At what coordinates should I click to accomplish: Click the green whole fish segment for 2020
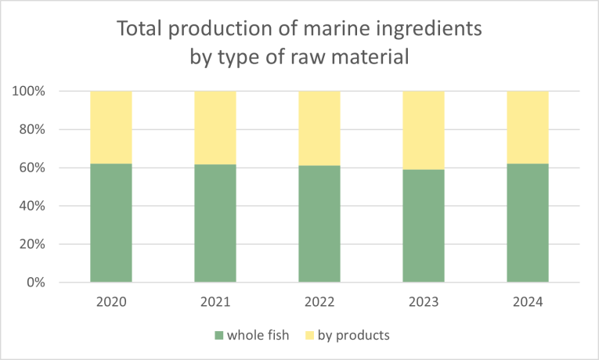click(x=111, y=223)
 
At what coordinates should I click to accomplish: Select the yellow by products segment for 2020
click(x=111, y=128)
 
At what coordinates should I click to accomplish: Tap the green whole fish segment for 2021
click(x=215, y=224)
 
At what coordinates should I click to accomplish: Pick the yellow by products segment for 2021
click(x=215, y=128)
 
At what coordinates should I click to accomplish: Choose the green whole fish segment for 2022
click(x=319, y=225)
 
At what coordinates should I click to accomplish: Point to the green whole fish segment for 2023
click(x=424, y=226)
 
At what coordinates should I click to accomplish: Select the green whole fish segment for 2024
click(x=528, y=223)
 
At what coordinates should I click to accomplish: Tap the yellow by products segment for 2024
click(x=528, y=128)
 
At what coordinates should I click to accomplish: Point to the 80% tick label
click(x=31, y=129)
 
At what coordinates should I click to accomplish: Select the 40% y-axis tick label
click(x=31, y=206)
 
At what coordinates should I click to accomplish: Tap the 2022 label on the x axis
click(x=319, y=302)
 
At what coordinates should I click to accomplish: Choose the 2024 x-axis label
click(x=528, y=302)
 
